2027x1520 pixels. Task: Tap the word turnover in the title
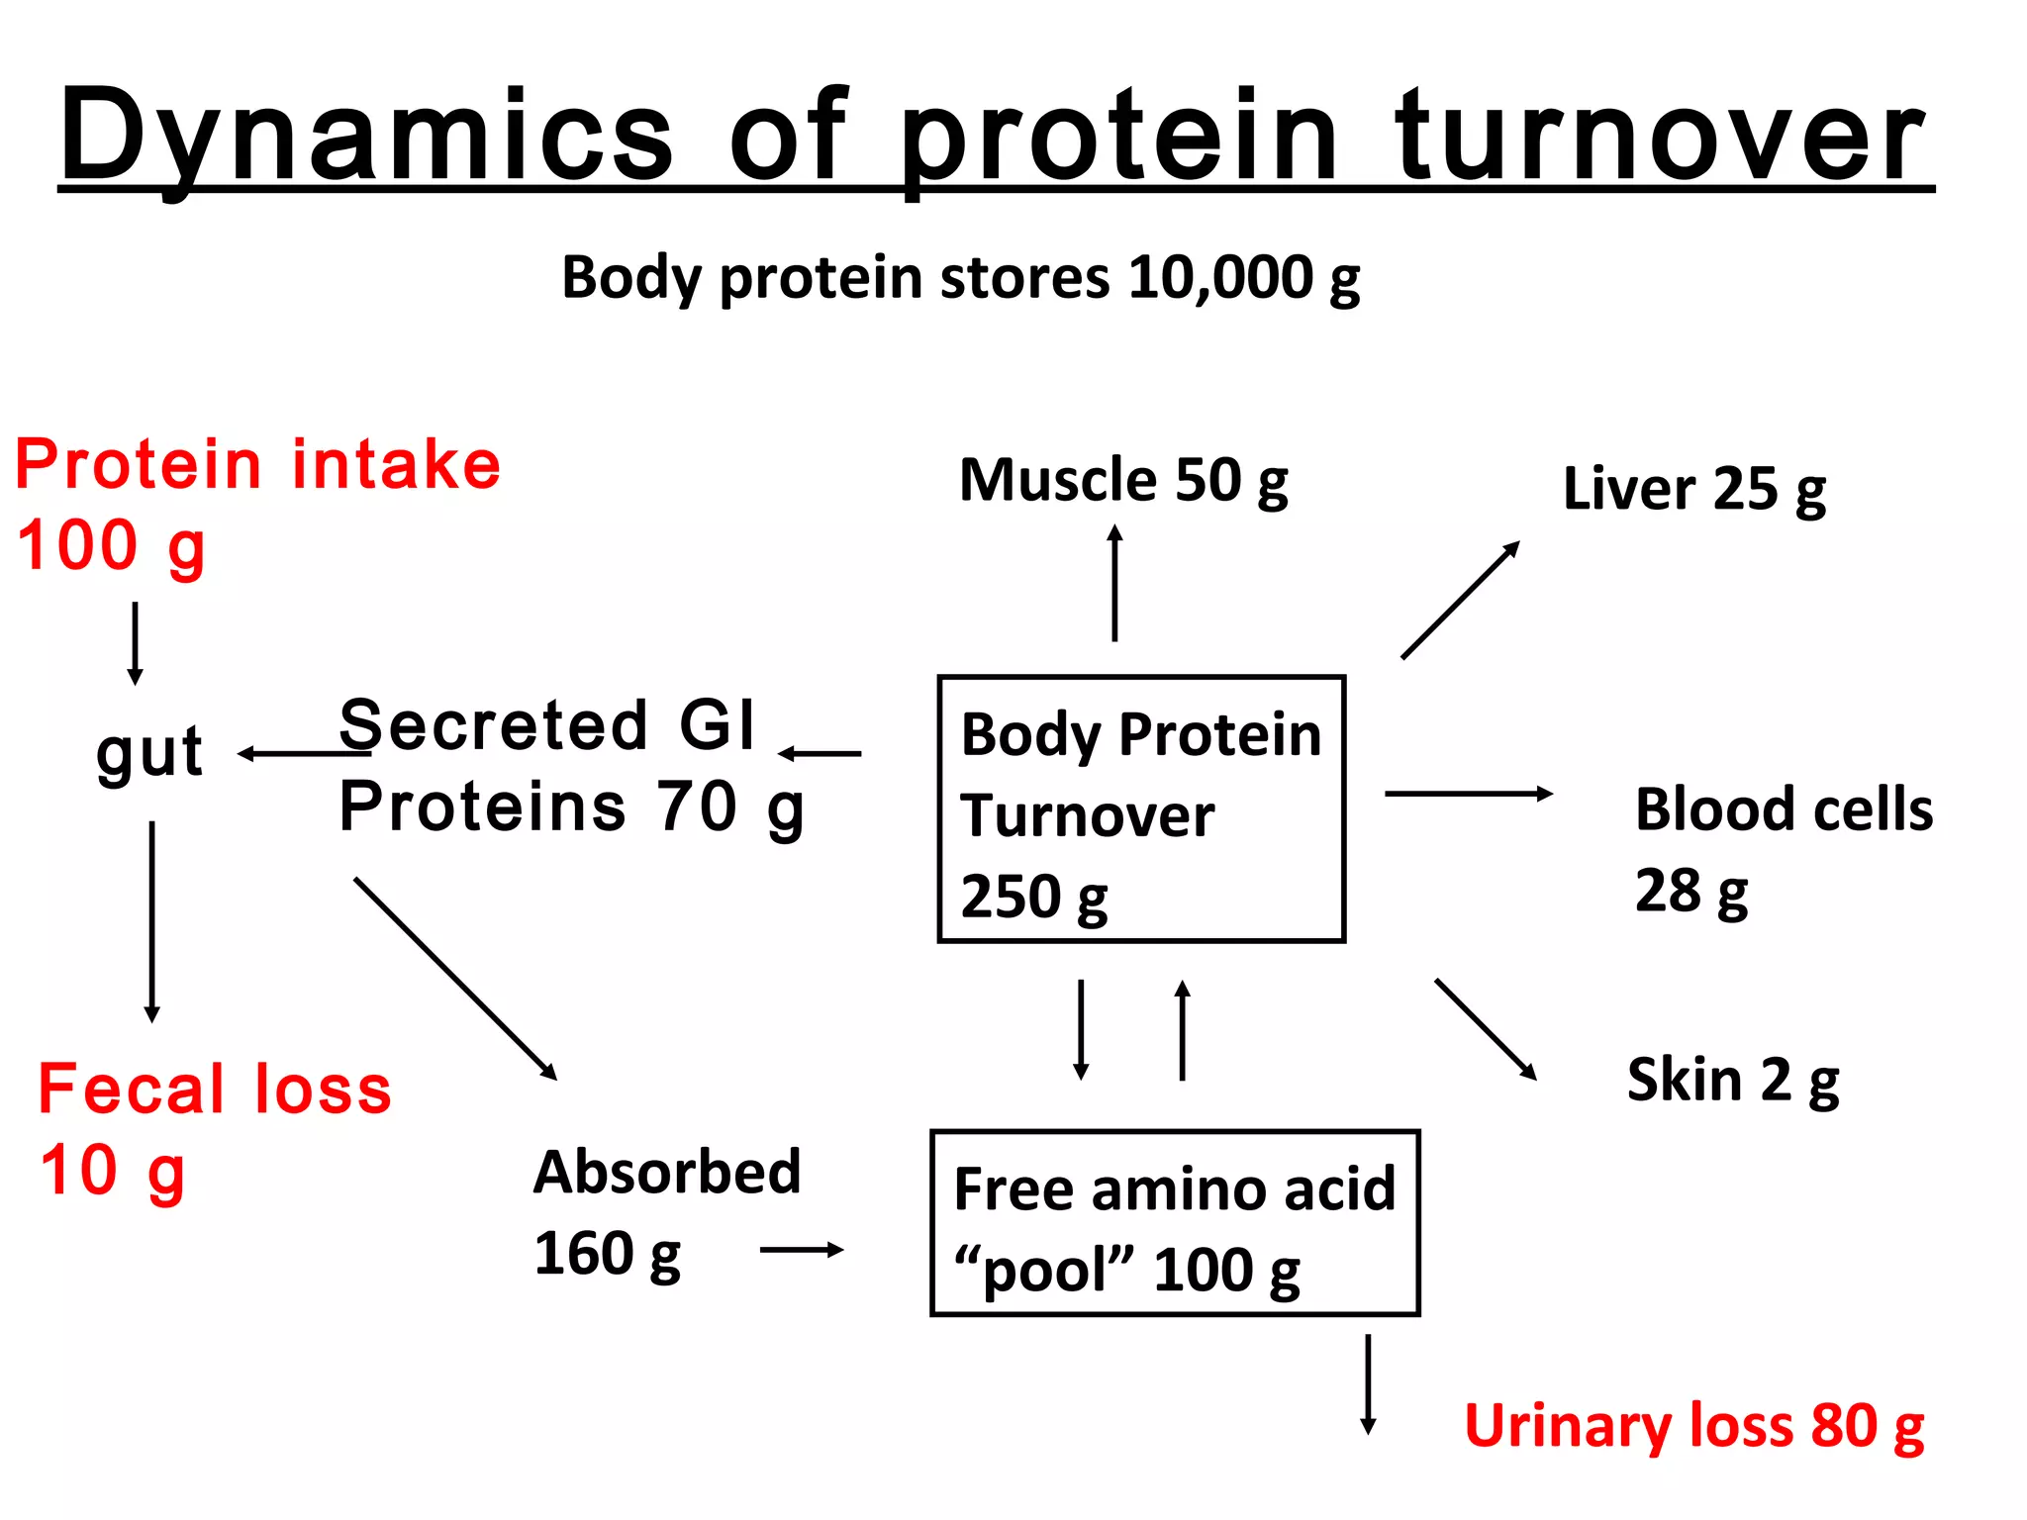1661,136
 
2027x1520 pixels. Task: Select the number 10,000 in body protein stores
1219,277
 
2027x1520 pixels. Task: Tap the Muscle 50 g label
1123,482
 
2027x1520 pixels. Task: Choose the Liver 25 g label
1694,490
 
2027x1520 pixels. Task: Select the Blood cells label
1783,809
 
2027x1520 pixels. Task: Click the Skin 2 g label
1733,1081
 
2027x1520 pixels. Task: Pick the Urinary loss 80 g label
1693,1427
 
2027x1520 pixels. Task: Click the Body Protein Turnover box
1140,809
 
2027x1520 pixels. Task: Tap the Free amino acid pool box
1175,1223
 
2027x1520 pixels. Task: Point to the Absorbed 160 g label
665,1213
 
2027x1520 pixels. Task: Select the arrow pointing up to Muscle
1114,584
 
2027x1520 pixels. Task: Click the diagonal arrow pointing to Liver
1460,601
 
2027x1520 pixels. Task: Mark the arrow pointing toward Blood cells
1468,794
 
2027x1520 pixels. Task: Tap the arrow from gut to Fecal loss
151,920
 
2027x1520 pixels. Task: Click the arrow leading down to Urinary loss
1368,1383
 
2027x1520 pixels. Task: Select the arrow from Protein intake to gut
136,643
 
